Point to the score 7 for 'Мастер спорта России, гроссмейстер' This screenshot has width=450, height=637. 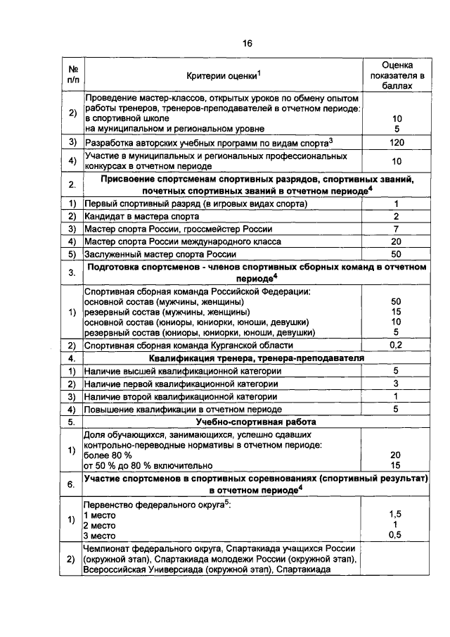396,229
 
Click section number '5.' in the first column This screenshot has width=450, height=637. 72,422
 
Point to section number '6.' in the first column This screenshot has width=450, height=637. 72,485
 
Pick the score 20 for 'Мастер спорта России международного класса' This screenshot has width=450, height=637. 396,241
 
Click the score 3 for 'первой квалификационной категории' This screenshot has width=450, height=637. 396,384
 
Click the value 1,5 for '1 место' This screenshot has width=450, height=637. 396,515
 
